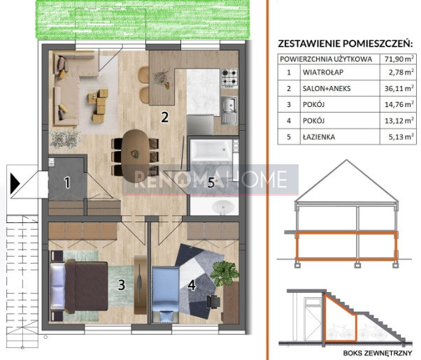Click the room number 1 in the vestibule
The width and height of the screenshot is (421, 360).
(67, 182)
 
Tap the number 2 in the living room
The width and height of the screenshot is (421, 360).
(164, 117)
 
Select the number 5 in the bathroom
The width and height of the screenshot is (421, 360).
(211, 182)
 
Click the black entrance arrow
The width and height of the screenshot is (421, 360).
(15, 184)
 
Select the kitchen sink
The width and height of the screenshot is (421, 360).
(229, 110)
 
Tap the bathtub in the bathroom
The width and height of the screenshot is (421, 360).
(211, 150)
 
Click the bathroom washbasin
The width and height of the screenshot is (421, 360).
(222, 207)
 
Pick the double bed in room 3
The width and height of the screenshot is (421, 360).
(79, 287)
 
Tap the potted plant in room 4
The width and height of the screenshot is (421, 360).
(224, 273)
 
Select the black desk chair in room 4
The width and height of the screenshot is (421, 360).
(213, 302)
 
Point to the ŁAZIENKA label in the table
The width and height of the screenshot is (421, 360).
(319, 137)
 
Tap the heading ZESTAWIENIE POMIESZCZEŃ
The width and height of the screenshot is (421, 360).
(345, 43)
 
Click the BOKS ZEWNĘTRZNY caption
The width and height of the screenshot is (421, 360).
(377, 353)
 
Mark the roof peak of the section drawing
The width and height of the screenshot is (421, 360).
(346, 160)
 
